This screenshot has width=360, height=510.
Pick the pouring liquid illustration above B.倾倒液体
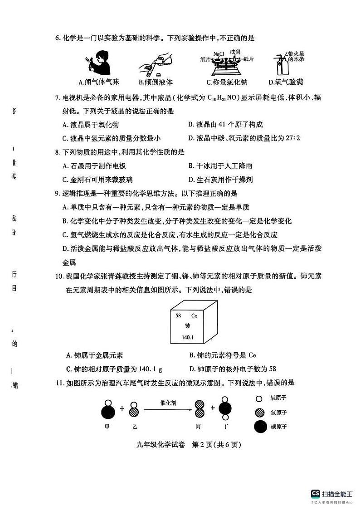pyautogui.click(x=154, y=66)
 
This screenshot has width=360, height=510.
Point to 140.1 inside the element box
pyautogui.click(x=186, y=337)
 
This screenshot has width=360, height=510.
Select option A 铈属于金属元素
pyautogui.click(x=94, y=355)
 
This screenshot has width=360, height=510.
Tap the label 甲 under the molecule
pyautogui.click(x=107, y=426)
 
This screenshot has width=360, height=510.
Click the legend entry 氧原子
pyautogui.click(x=279, y=398)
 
